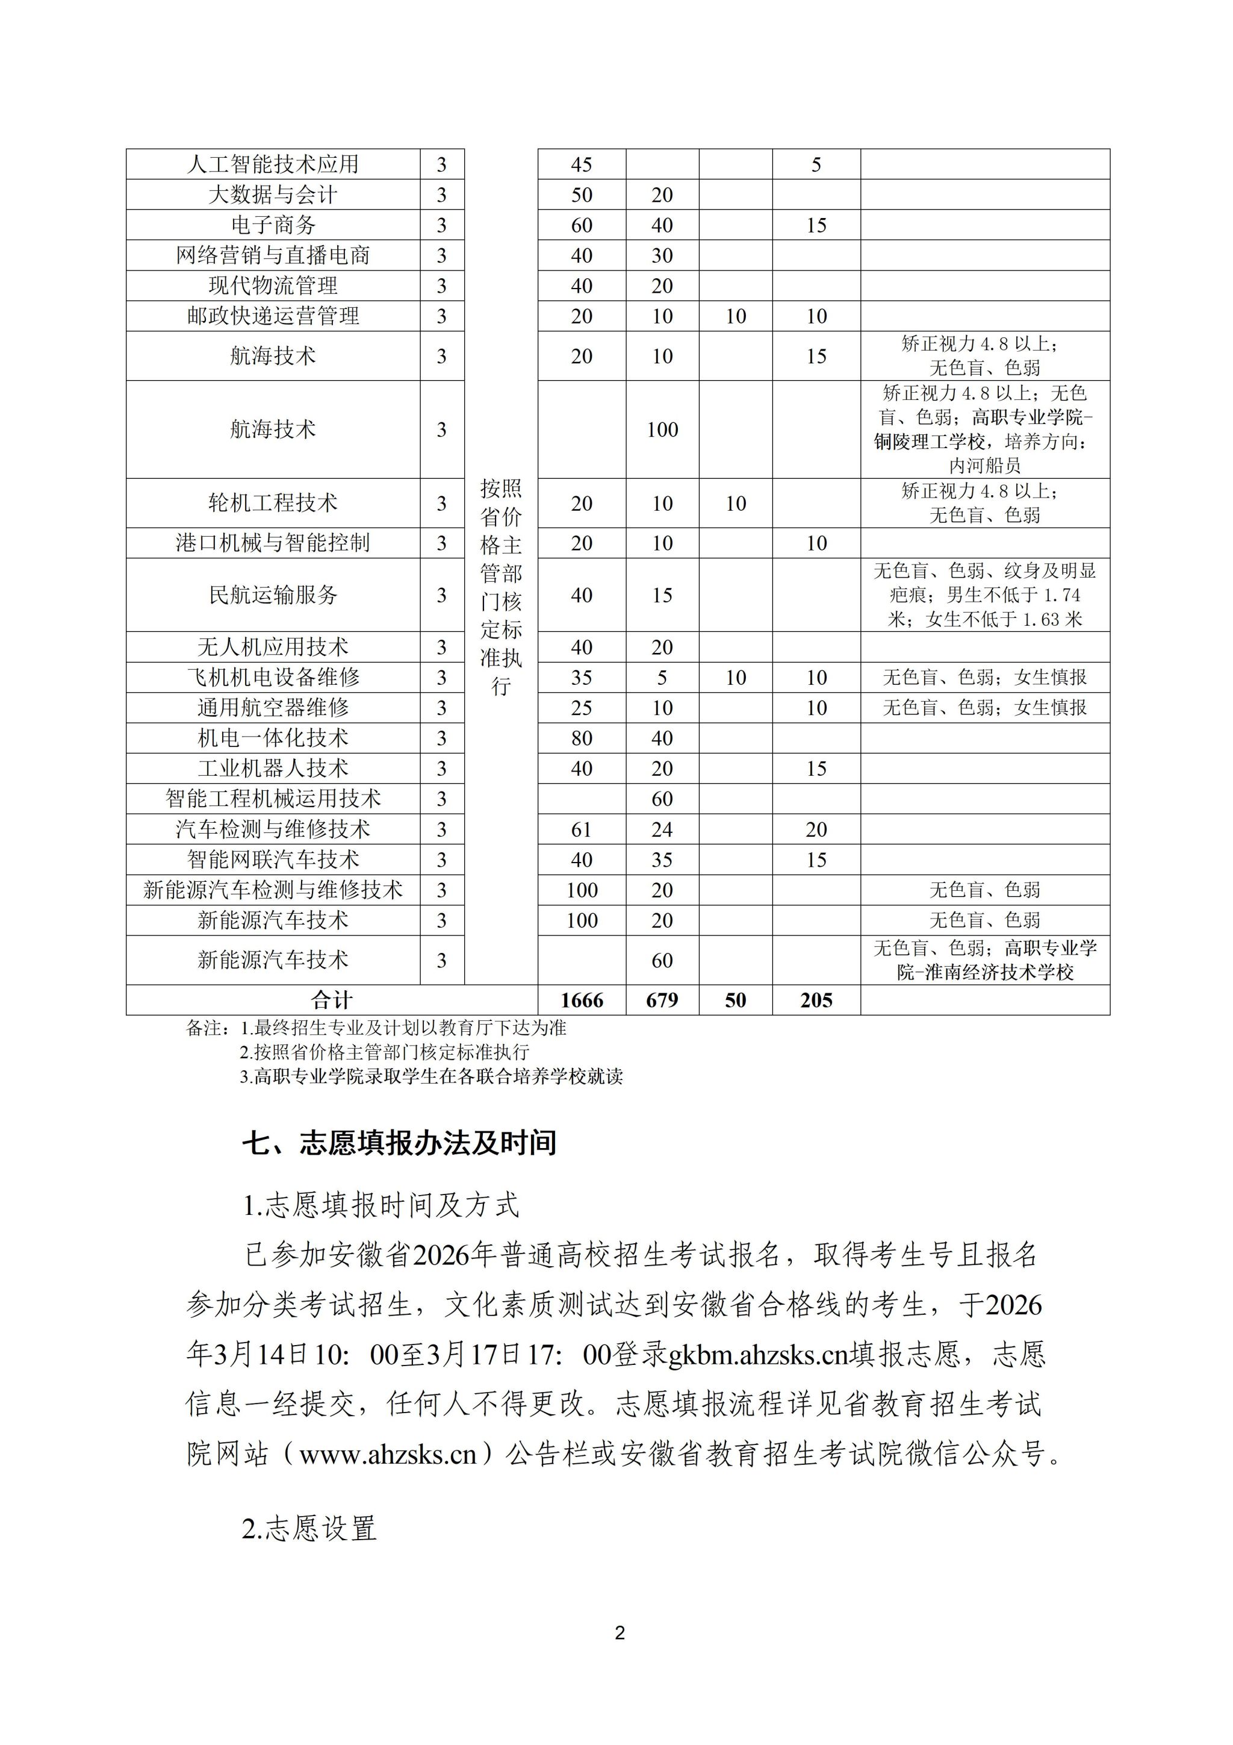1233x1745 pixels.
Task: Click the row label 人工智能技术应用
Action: click(x=273, y=164)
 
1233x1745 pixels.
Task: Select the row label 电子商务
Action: click(x=273, y=225)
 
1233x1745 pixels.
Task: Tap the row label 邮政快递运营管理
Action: click(x=273, y=316)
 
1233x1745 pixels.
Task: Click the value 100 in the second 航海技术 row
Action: click(x=662, y=429)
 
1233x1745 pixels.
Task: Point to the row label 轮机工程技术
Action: click(x=273, y=503)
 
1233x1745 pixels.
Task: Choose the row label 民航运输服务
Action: click(x=273, y=595)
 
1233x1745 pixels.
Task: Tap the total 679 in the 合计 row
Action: click(x=662, y=1000)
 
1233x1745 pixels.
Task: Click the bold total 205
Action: click(x=816, y=1000)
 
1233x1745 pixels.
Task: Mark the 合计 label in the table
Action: click(x=332, y=1000)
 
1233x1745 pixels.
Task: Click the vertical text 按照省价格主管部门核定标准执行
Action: click(x=501, y=587)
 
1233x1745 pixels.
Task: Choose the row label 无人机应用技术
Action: click(x=273, y=648)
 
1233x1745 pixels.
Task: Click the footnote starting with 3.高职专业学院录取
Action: click(x=430, y=1077)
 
